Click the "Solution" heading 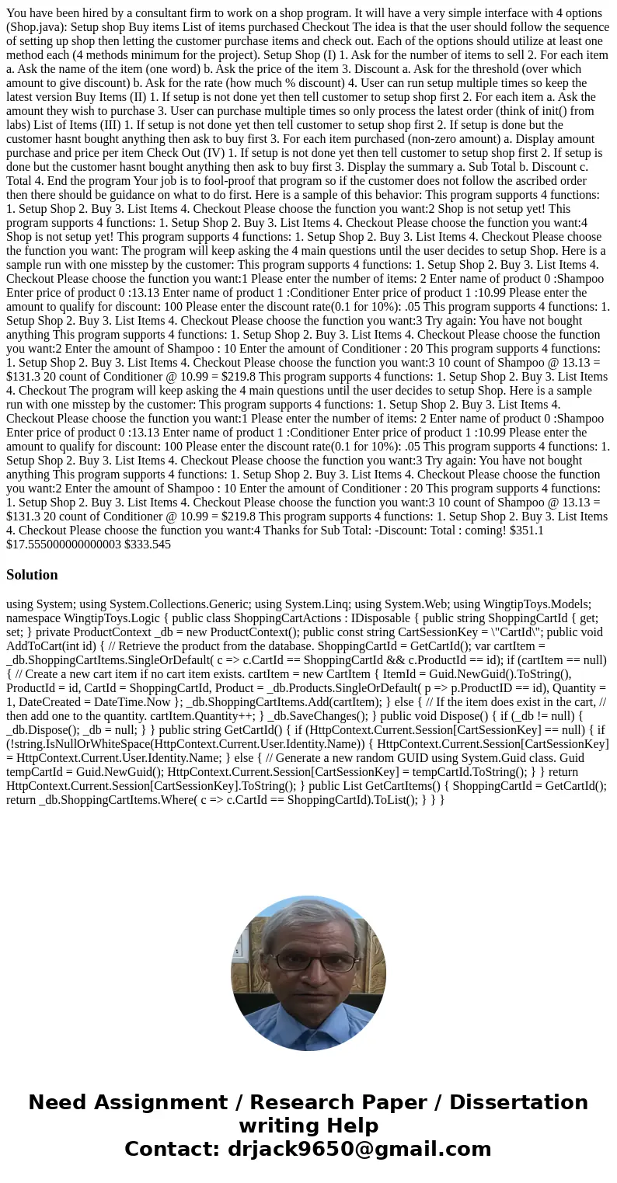click(x=32, y=575)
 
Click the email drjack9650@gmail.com click(x=360, y=1149)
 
